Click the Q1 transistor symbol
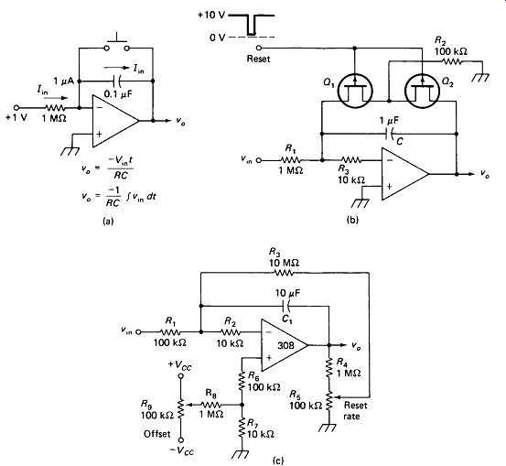click(355, 91)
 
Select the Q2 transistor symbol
click(422, 91)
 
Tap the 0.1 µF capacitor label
click(118, 94)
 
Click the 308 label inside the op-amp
click(285, 345)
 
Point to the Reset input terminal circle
click(258, 48)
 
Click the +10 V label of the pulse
click(211, 16)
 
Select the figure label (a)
click(108, 221)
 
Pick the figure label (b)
click(352, 220)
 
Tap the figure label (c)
click(278, 460)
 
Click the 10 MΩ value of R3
click(284, 263)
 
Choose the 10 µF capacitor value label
click(287, 294)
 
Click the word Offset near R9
click(156, 434)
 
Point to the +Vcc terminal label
click(180, 365)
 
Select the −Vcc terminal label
click(182, 450)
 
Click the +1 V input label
click(16, 117)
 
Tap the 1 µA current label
click(63, 81)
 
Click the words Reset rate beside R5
click(355, 410)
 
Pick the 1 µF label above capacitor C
click(389, 121)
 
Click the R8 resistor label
click(211, 394)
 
